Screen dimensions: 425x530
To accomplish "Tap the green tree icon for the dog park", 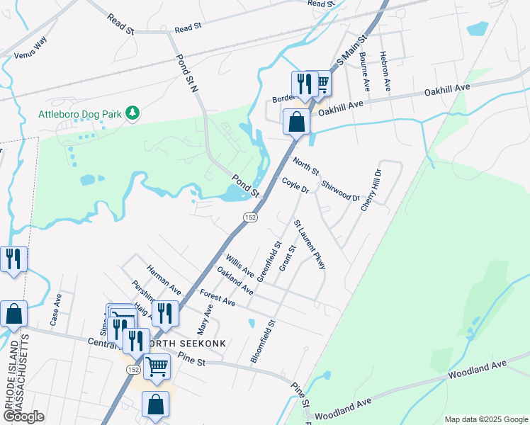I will [131, 113].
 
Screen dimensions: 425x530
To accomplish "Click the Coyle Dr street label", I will [295, 186].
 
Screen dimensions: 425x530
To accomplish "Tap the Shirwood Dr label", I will [341, 190].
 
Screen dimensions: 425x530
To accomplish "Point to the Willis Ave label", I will [239, 267].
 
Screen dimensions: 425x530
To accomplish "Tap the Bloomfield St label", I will [261, 341].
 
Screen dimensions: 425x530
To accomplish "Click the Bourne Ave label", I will [365, 72].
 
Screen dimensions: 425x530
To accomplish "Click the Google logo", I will [23, 416].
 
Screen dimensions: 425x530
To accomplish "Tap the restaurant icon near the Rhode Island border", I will [13, 259].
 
